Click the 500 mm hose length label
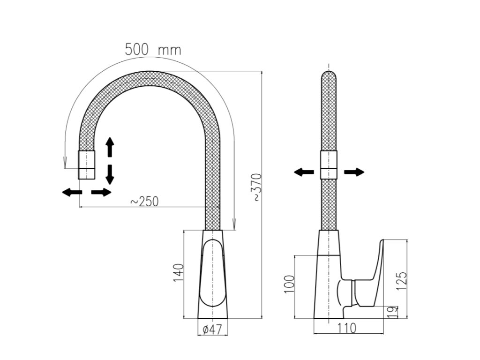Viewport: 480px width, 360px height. point(153,50)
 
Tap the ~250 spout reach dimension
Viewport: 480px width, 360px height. point(144,202)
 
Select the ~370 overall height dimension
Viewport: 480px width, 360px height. point(257,187)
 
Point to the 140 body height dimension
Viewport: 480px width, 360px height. point(179,273)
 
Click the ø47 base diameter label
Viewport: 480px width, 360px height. point(212,330)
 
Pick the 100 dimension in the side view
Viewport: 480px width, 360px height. point(289,284)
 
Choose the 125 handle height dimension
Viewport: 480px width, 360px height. point(402,281)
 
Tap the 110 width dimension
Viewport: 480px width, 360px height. point(347,328)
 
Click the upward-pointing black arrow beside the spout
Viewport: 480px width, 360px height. point(110,147)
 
